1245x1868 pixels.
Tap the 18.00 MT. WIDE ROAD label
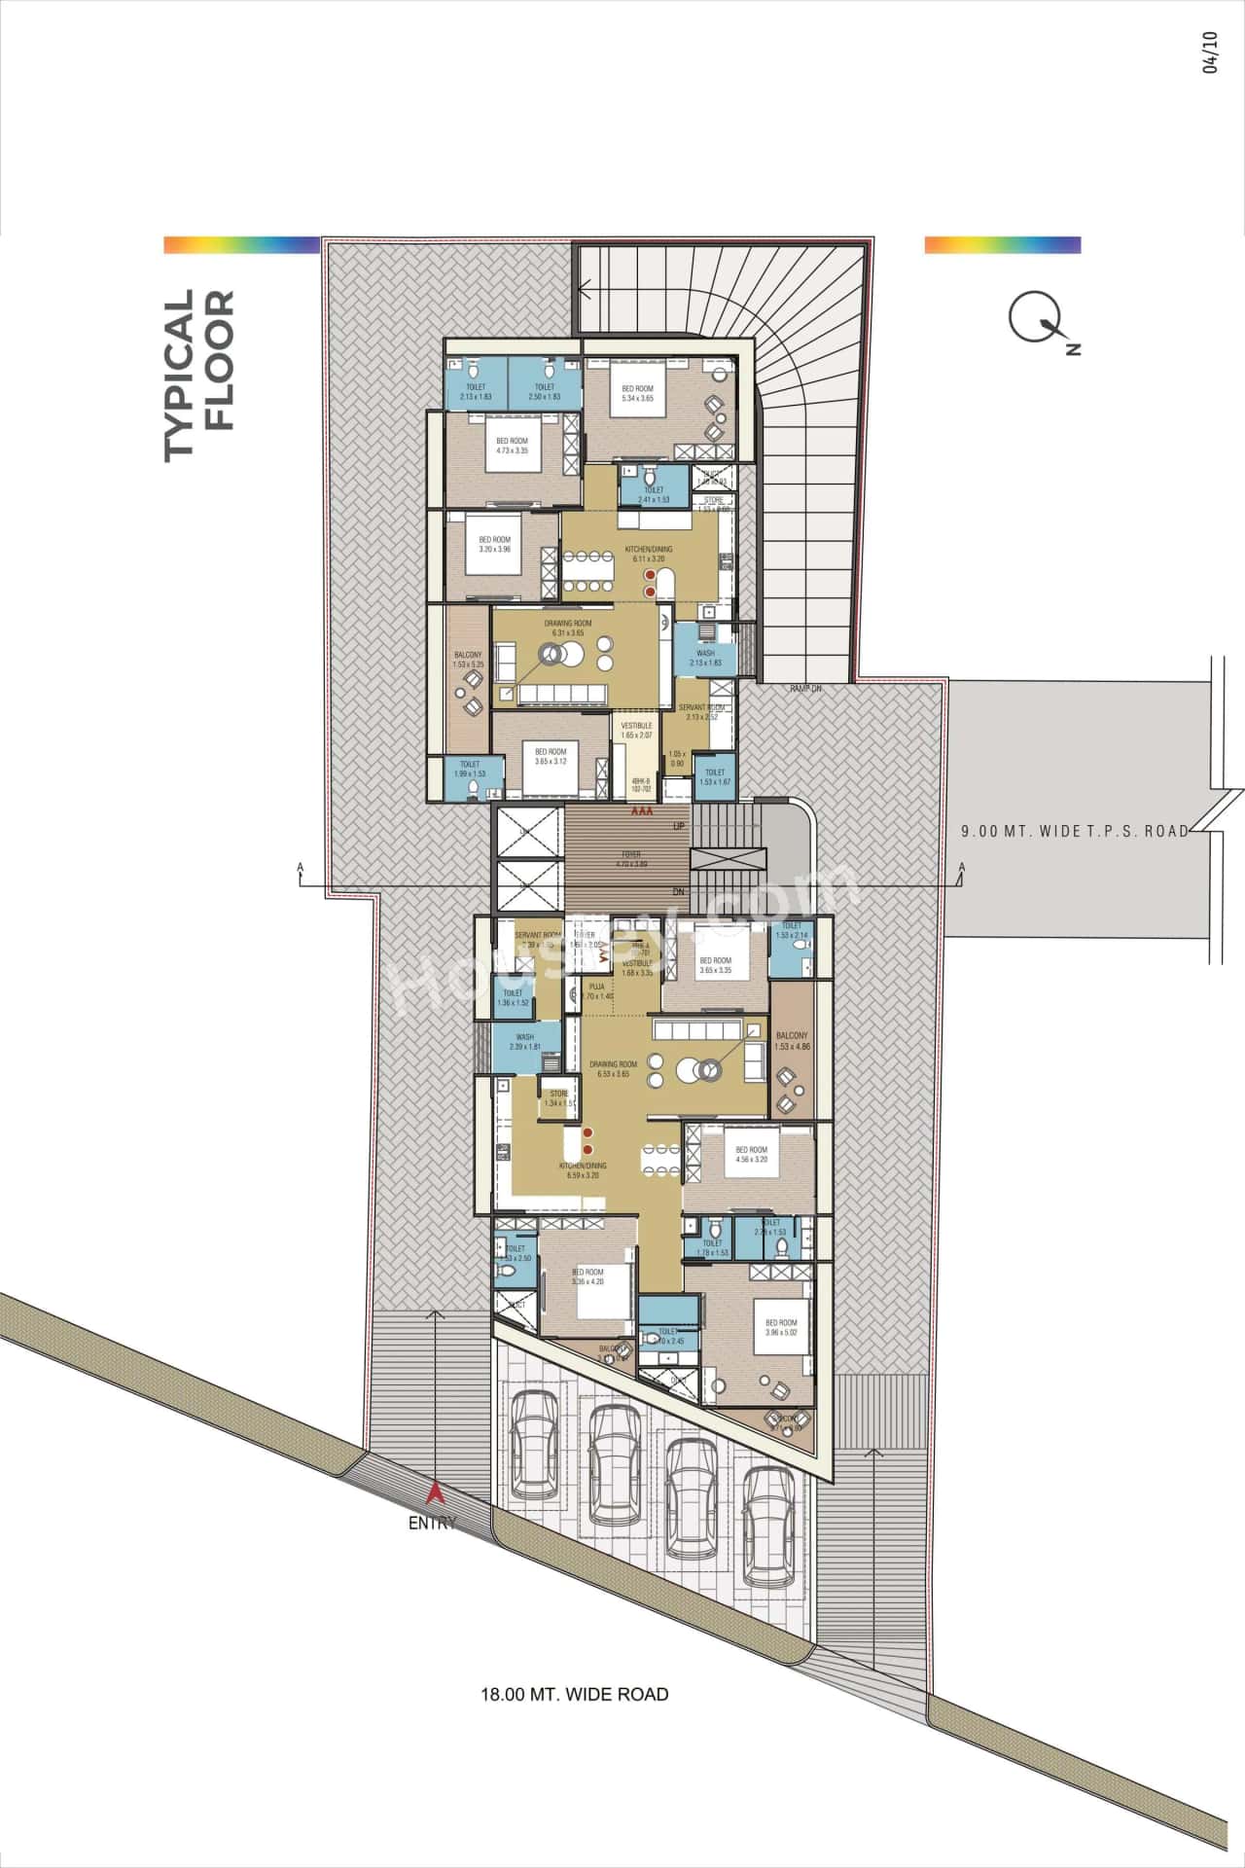(575, 1694)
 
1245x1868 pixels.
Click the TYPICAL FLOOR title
(199, 375)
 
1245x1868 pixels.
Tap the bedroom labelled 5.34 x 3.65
(643, 393)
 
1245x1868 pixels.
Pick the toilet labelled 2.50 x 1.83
(544, 392)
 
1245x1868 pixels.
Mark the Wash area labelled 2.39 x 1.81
(525, 1042)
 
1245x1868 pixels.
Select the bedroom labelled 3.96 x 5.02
(781, 1328)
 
